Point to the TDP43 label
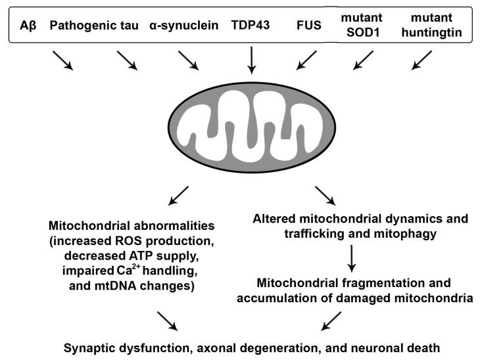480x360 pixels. [x=249, y=26]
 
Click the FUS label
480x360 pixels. [x=309, y=26]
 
